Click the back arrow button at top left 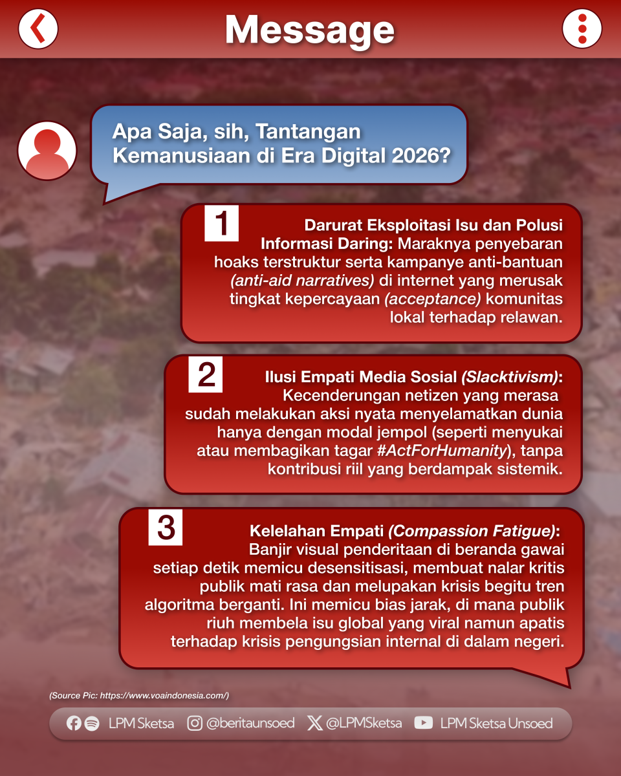point(38,28)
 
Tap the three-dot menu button point(582,28)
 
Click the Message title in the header point(310,30)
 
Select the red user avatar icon point(47,151)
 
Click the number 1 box point(221,223)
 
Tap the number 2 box point(205,374)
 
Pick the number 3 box point(165,527)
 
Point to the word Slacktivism point(510,377)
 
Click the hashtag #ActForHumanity point(442,451)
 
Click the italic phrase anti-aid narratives point(302,281)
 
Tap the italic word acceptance point(433,299)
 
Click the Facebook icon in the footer point(74,723)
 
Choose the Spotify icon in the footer point(92,724)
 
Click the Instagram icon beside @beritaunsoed point(195,723)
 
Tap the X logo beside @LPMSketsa point(314,723)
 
